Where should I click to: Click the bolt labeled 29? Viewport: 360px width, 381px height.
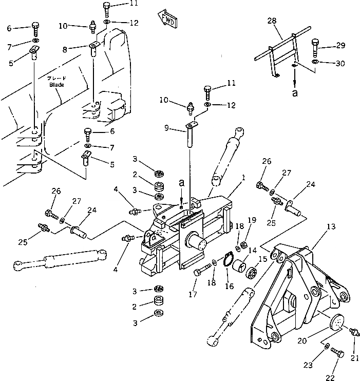click(315, 49)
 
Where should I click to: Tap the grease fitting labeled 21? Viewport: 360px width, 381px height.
click(353, 333)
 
